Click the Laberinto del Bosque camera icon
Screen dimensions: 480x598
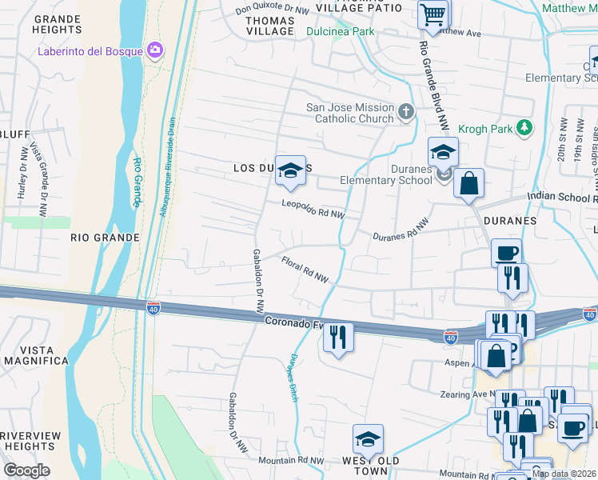[155, 51]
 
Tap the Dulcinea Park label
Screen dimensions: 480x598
[340, 32]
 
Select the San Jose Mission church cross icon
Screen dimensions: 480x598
[407, 111]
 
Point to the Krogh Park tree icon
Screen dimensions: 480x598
[524, 127]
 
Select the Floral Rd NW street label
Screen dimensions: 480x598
[305, 269]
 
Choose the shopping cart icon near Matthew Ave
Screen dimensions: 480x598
[433, 14]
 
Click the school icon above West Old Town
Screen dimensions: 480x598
[368, 439]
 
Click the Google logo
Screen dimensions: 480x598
[26, 470]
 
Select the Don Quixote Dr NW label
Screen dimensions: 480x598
[272, 10]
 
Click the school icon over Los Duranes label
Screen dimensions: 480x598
[291, 170]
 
